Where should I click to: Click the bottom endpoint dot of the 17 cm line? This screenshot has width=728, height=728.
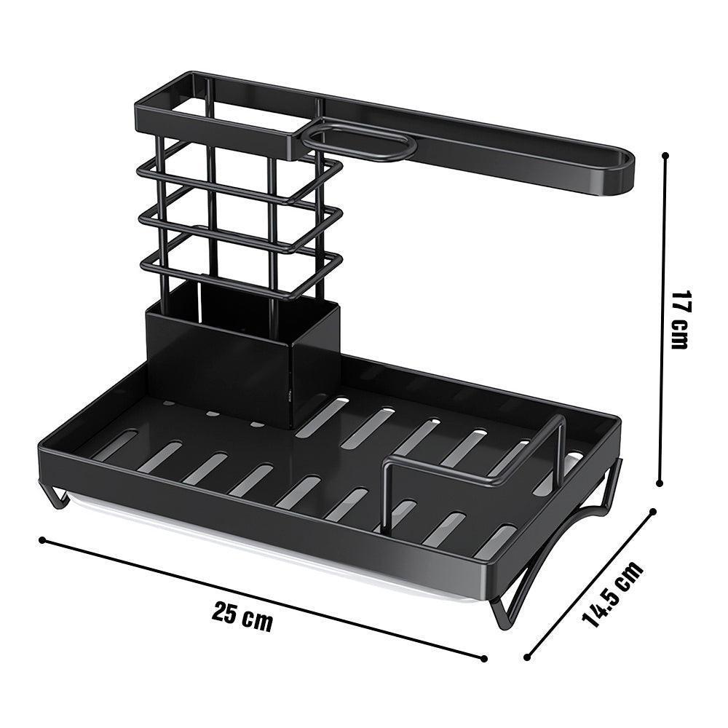pos(660,482)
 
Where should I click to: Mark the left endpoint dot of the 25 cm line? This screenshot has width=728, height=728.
pos(41,539)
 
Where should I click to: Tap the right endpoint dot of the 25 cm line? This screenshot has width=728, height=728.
pos(484,659)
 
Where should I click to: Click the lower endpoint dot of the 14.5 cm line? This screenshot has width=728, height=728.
pos(526,658)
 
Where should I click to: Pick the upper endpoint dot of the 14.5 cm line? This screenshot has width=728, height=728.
pos(653,511)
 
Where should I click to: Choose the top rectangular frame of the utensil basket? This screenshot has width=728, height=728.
pos(218,116)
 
